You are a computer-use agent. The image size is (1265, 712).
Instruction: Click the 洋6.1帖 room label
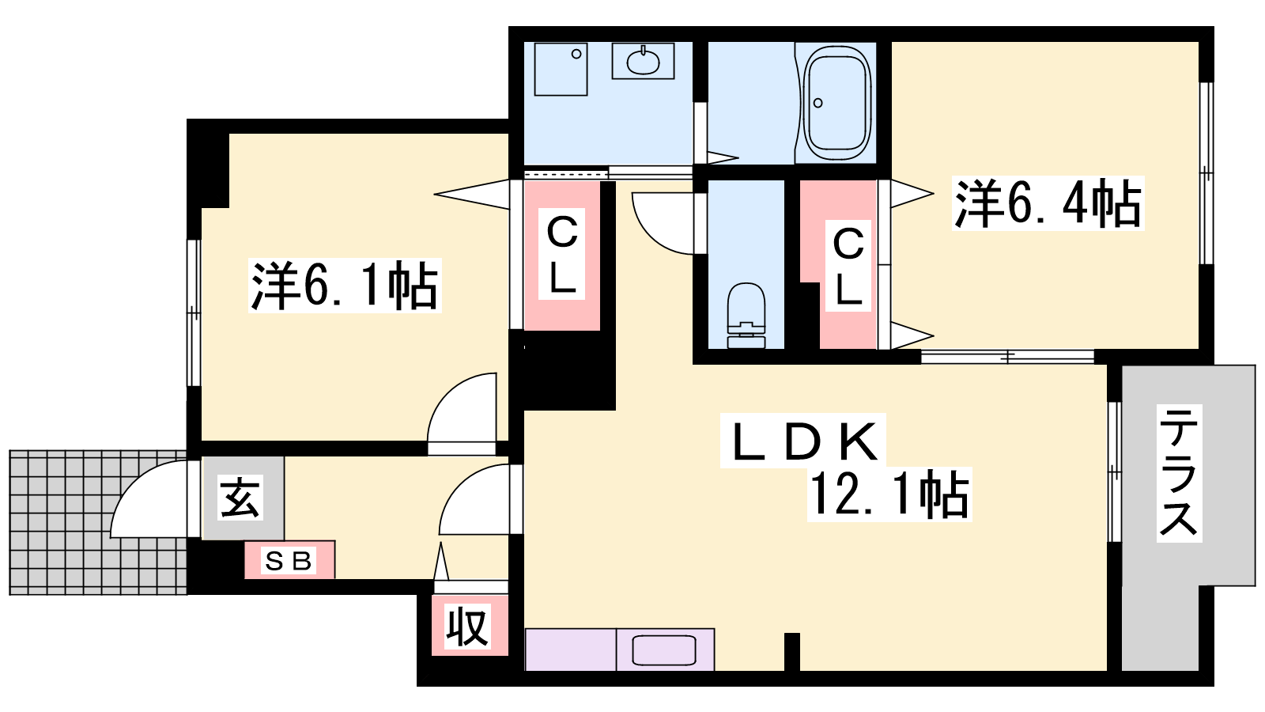pyautogui.click(x=345, y=286)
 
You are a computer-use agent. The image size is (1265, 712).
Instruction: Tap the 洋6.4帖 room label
pyautogui.click(x=1048, y=203)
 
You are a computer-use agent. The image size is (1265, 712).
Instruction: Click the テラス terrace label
pyautogui.click(x=1179, y=473)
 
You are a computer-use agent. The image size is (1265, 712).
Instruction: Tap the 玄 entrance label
pyautogui.click(x=240, y=498)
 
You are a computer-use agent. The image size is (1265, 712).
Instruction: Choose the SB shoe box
pyautogui.click(x=289, y=560)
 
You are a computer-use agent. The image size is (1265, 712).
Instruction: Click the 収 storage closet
pyautogui.click(x=470, y=625)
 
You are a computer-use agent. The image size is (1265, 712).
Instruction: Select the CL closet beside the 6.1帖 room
pyautogui.click(x=562, y=256)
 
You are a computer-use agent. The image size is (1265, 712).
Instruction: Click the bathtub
pyautogui.click(x=837, y=104)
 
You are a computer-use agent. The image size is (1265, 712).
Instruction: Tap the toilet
pyautogui.click(x=746, y=316)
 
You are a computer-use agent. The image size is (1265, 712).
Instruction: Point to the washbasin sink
pyautogui.click(x=644, y=61)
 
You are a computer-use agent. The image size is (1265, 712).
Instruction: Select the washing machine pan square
pyautogui.click(x=561, y=69)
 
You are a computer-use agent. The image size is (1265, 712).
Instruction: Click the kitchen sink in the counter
pyautogui.click(x=664, y=650)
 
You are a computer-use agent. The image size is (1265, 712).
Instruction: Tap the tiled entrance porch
pyautogui.click(x=98, y=522)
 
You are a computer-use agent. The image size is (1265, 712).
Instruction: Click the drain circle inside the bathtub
pyautogui.click(x=818, y=103)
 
